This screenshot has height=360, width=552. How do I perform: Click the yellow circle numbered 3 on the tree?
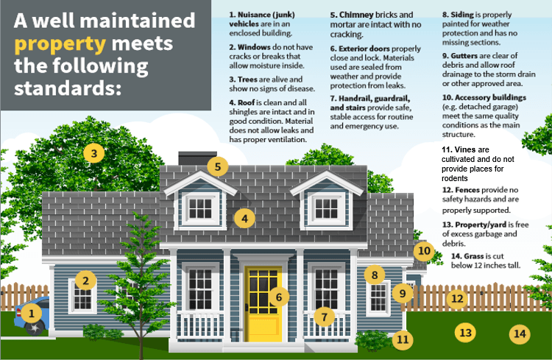coord(94,153)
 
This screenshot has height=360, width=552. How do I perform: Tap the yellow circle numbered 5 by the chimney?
coord(218,166)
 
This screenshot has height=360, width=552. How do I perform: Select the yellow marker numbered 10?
coord(424,251)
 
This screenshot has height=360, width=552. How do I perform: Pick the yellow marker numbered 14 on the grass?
coord(520,333)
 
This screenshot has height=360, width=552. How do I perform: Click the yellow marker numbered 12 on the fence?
coord(457,299)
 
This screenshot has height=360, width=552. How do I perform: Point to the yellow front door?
coord(263,303)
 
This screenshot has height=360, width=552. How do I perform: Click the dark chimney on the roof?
coord(197,158)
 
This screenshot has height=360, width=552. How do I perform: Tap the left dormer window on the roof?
coord(200,208)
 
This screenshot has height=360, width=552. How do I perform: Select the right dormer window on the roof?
coord(326,208)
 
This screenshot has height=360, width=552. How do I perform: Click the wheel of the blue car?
coord(35,328)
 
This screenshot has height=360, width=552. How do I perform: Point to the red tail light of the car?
coord(18,312)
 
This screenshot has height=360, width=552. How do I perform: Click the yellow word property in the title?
coord(60,43)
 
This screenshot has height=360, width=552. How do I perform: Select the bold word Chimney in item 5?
coord(356,15)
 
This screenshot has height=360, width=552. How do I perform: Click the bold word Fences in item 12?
coord(467,190)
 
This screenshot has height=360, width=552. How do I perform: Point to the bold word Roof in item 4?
coord(246,102)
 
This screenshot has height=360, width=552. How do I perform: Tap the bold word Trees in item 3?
coord(247,80)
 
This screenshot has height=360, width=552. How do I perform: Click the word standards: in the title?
coord(68,88)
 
